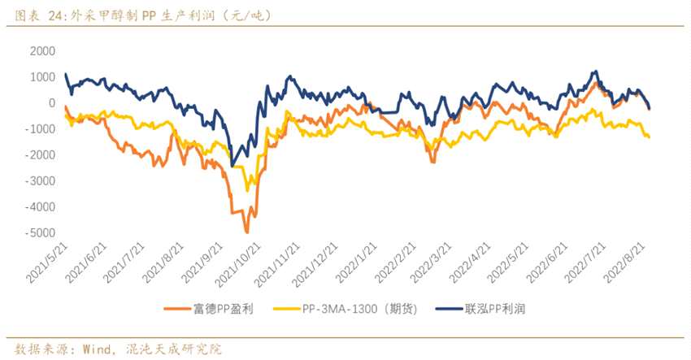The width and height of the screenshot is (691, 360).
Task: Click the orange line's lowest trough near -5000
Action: point(247,232)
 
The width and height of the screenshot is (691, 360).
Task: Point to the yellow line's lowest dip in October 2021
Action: point(247,191)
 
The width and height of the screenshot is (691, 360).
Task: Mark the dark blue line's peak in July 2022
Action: point(596,72)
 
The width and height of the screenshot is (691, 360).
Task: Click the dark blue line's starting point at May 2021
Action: point(65,75)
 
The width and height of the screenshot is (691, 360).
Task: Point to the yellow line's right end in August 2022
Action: point(649,137)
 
